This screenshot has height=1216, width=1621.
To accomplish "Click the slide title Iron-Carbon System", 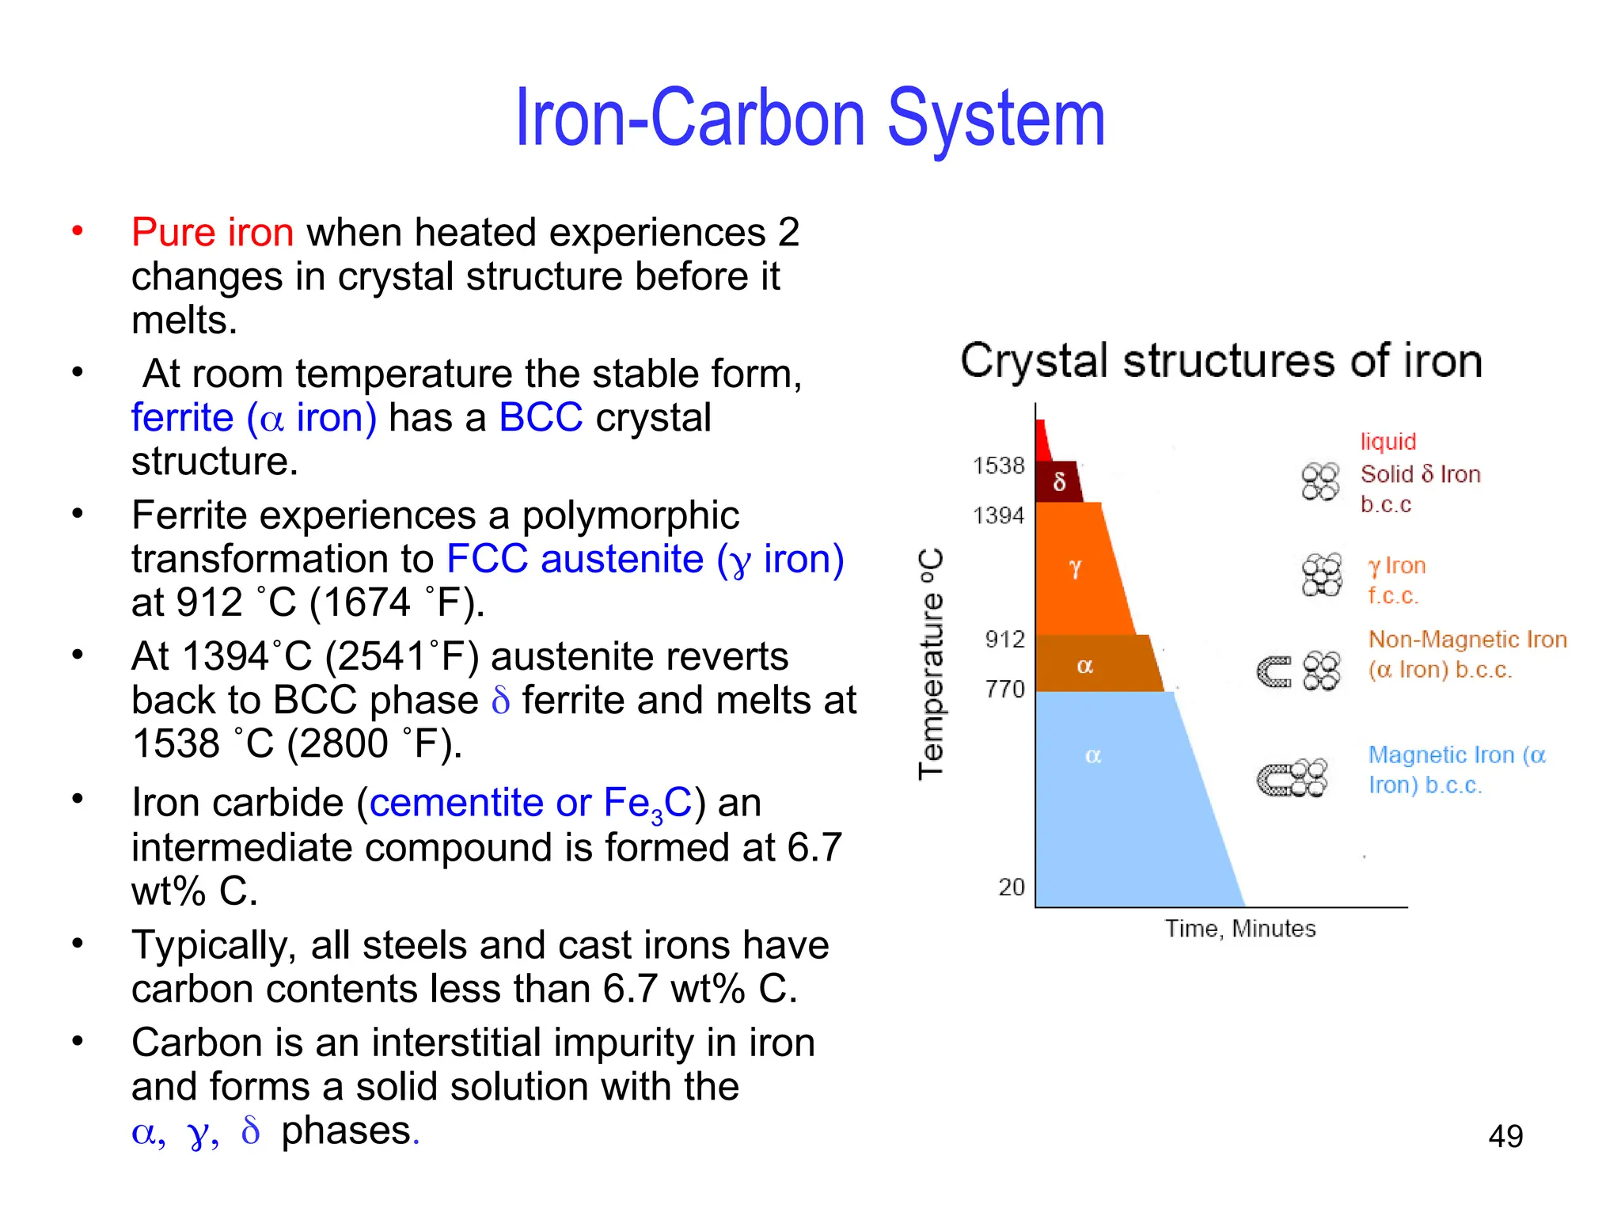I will (x=810, y=119).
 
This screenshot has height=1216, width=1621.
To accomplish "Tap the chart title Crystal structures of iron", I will (x=1220, y=361).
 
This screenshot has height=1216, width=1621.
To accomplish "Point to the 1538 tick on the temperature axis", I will (x=998, y=465).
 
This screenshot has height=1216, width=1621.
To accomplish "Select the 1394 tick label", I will (x=998, y=516).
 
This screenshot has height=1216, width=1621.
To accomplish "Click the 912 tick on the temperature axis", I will (x=1004, y=640).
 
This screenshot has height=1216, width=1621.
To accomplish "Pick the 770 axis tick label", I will (x=1004, y=690).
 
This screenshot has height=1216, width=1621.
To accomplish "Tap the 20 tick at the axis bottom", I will (x=1011, y=887).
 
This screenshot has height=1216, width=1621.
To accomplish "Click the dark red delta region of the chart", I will (x=1059, y=481).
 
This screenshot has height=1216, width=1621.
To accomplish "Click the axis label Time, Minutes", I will (x=1239, y=929).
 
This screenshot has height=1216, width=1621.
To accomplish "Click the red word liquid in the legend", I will (x=1388, y=442).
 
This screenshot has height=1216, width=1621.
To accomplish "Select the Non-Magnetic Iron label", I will (x=1467, y=640).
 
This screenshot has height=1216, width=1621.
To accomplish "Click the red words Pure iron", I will (x=212, y=233).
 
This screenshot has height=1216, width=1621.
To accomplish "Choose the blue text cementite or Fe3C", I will (x=530, y=804).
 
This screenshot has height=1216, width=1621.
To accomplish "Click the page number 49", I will (x=1505, y=1137).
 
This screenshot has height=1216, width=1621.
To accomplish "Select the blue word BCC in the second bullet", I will (x=541, y=418).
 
